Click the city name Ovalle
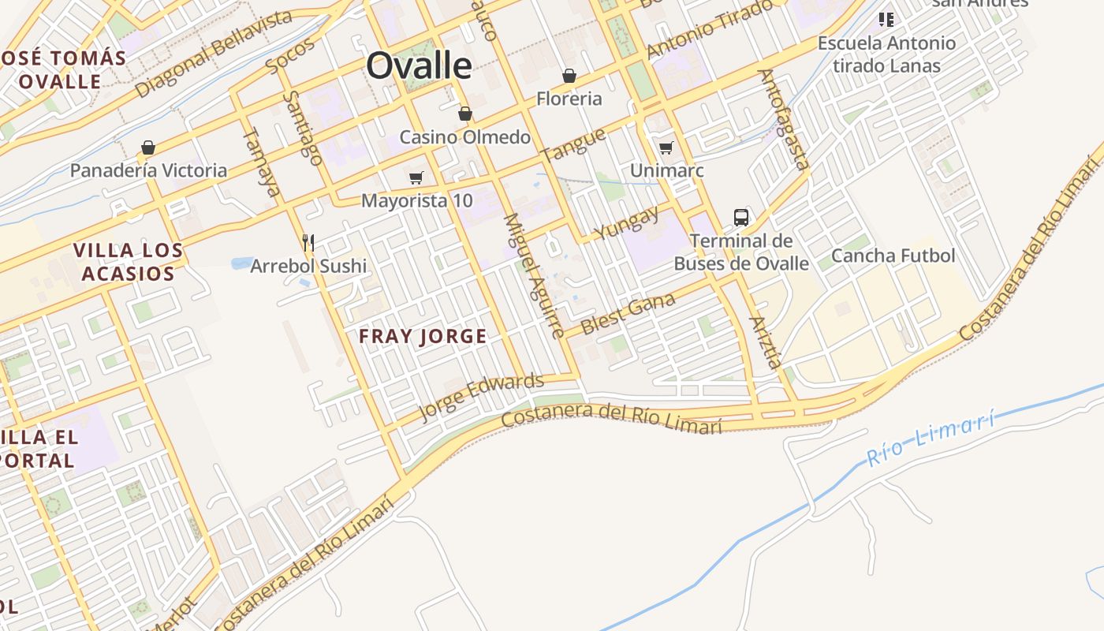pos(419,65)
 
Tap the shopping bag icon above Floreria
pos(569,76)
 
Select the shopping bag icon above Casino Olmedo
pos(465,114)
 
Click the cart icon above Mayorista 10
pos(416,177)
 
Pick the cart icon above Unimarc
pos(666,147)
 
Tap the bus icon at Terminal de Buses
pos(741,218)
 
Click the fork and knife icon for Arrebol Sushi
pos(308,242)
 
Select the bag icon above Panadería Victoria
pos(147,147)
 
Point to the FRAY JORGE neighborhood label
pos(423,337)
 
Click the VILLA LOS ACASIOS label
pos(128,262)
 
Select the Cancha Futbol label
pos(893,256)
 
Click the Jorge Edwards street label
pos(481,397)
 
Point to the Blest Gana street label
pos(628,313)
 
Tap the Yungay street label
pos(627,223)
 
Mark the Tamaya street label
pos(262,162)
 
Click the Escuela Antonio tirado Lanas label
pos(886,54)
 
